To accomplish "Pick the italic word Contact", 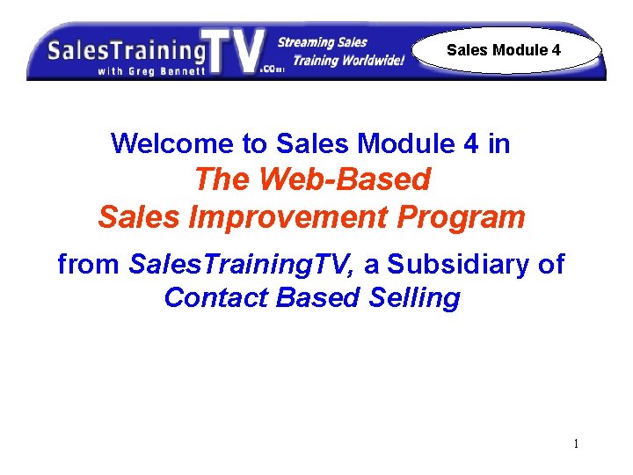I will click(x=215, y=297).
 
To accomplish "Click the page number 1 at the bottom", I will click(x=576, y=443).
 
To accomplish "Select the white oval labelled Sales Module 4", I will click(x=504, y=50).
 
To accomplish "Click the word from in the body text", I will click(x=88, y=263).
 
